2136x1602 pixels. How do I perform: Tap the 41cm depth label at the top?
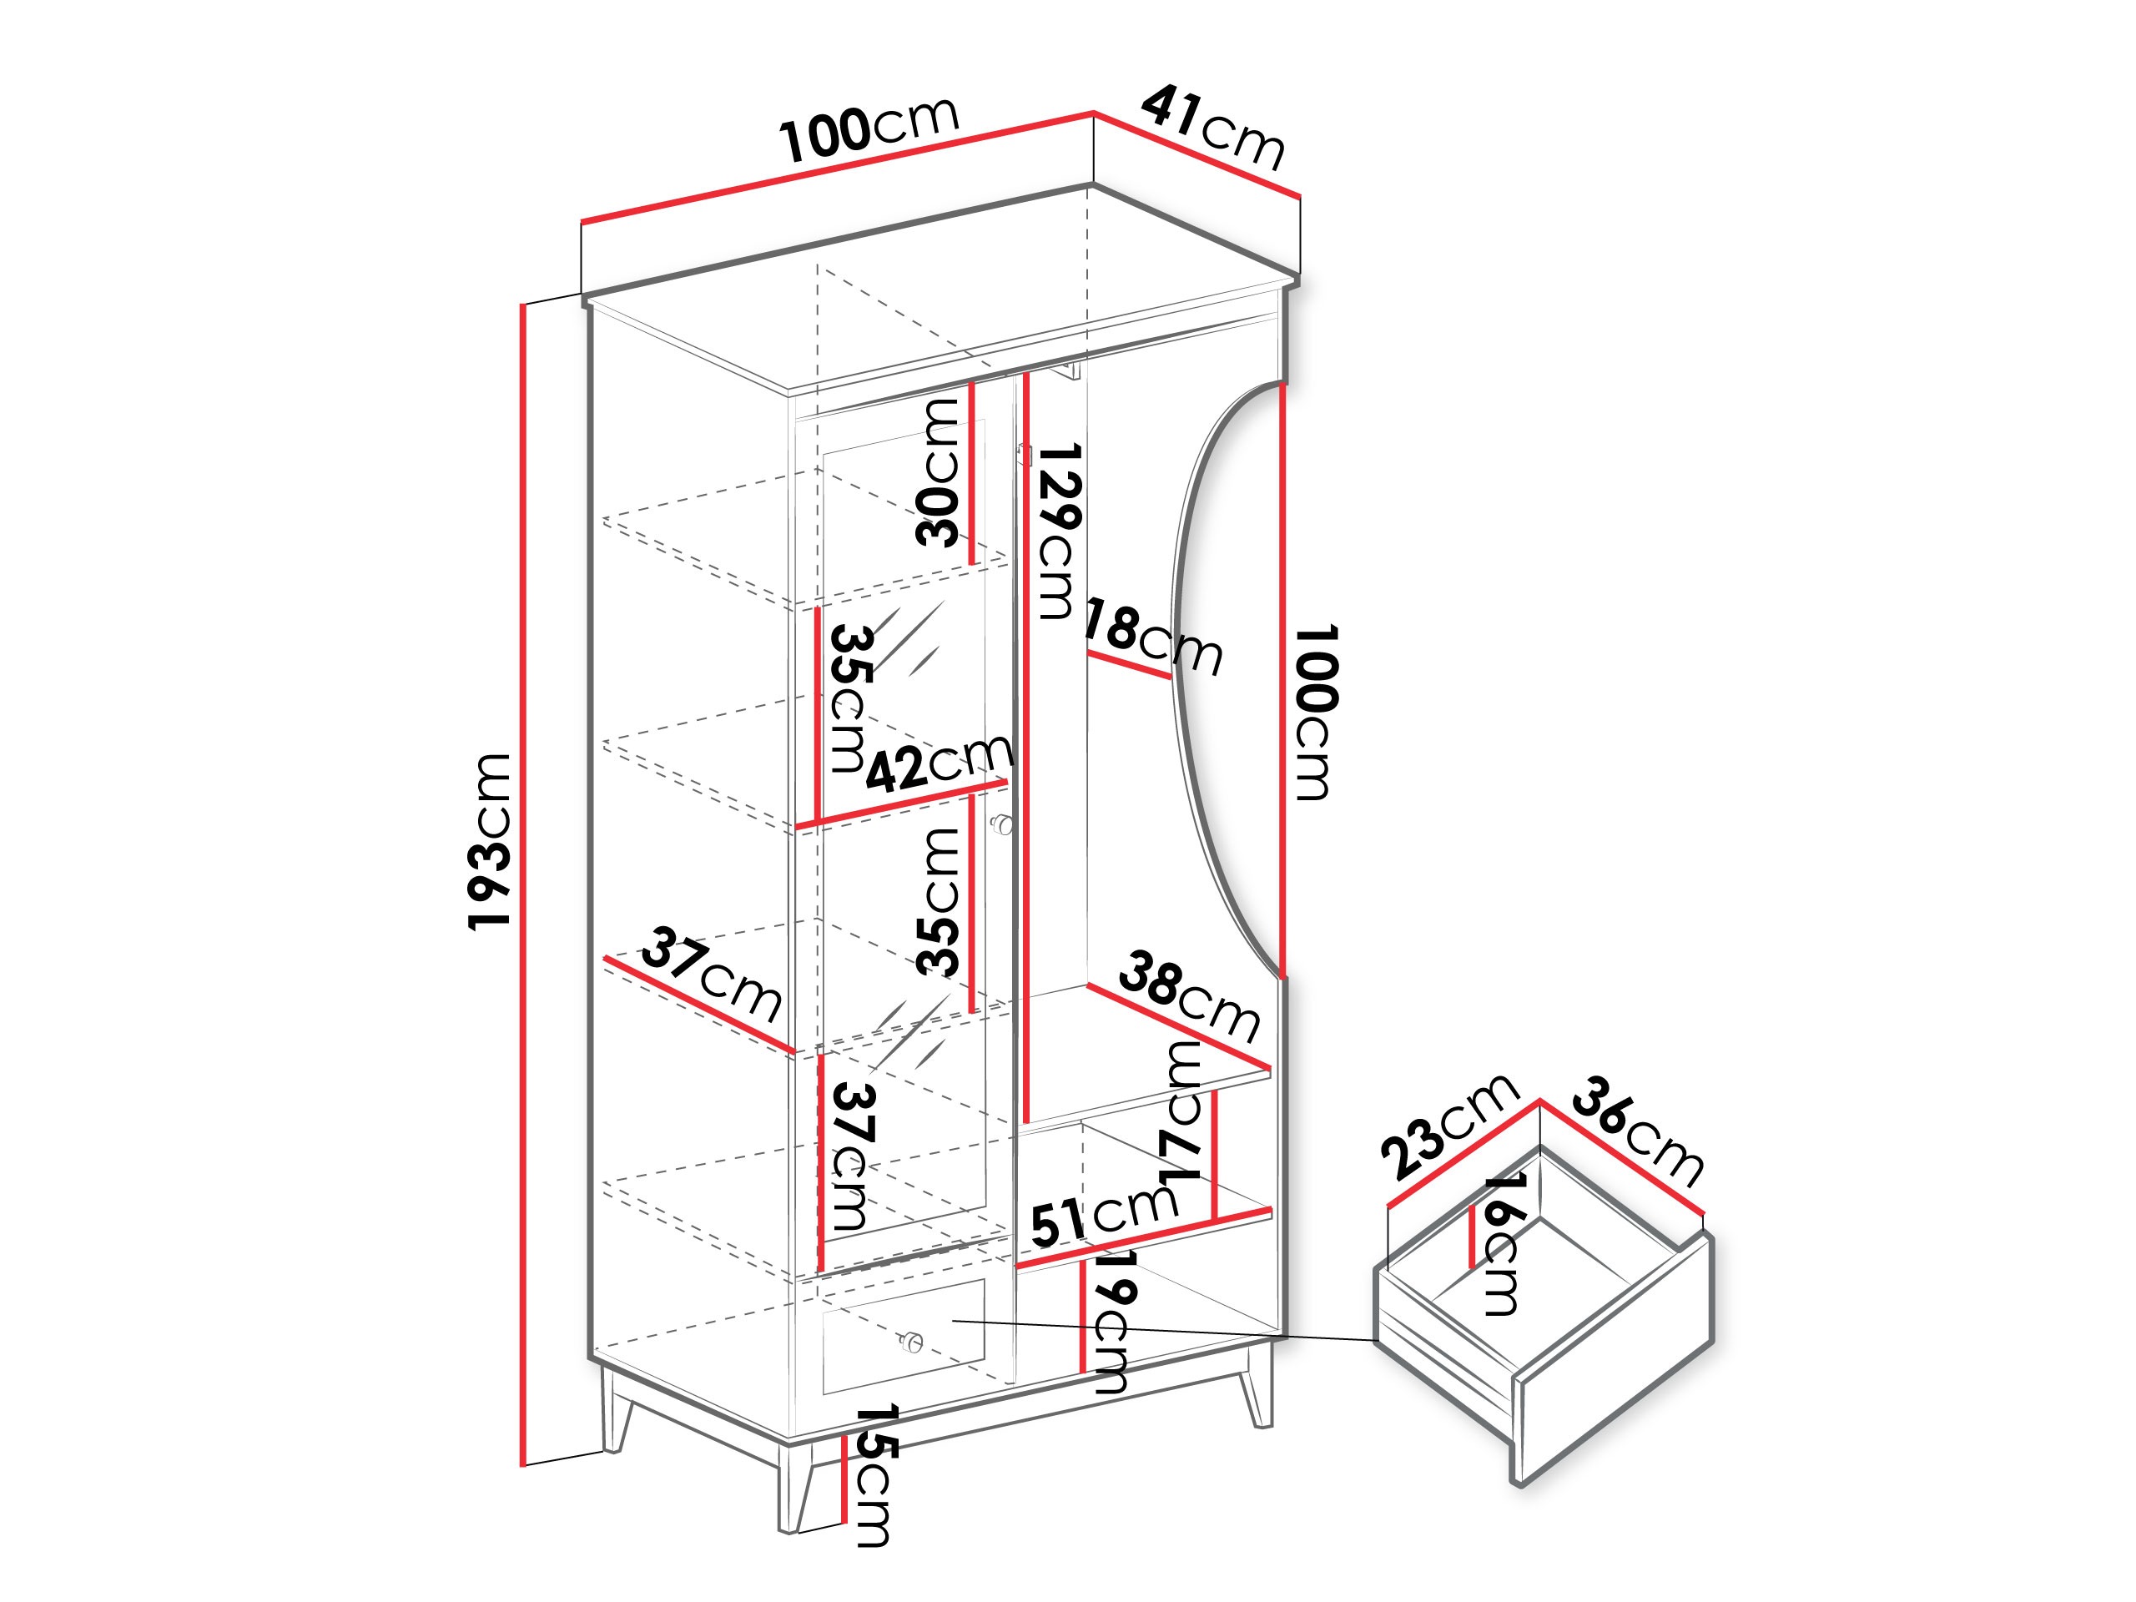1213,128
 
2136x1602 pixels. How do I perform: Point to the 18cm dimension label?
1153,637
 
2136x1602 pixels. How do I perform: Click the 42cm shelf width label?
939,762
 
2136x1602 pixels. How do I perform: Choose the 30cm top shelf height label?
938,472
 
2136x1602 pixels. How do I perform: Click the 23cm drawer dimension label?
1449,1127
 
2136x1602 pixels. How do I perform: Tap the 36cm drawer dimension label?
1638,1131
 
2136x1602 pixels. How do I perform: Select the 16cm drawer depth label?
1503,1245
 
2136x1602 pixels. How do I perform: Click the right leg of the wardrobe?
1257,1386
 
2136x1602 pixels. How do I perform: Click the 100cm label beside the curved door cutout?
1316,712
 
